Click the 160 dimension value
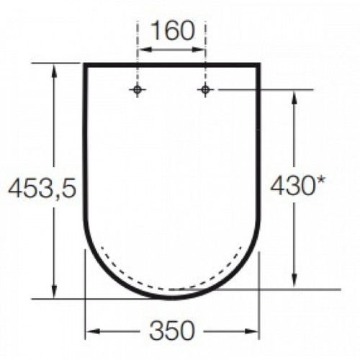click(x=174, y=31)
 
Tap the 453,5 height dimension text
click(x=42, y=188)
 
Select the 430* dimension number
click(x=297, y=185)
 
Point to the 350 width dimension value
click(x=172, y=330)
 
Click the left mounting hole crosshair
click(x=138, y=90)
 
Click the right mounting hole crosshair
click(x=204, y=90)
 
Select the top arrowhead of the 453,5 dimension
click(x=54, y=71)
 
